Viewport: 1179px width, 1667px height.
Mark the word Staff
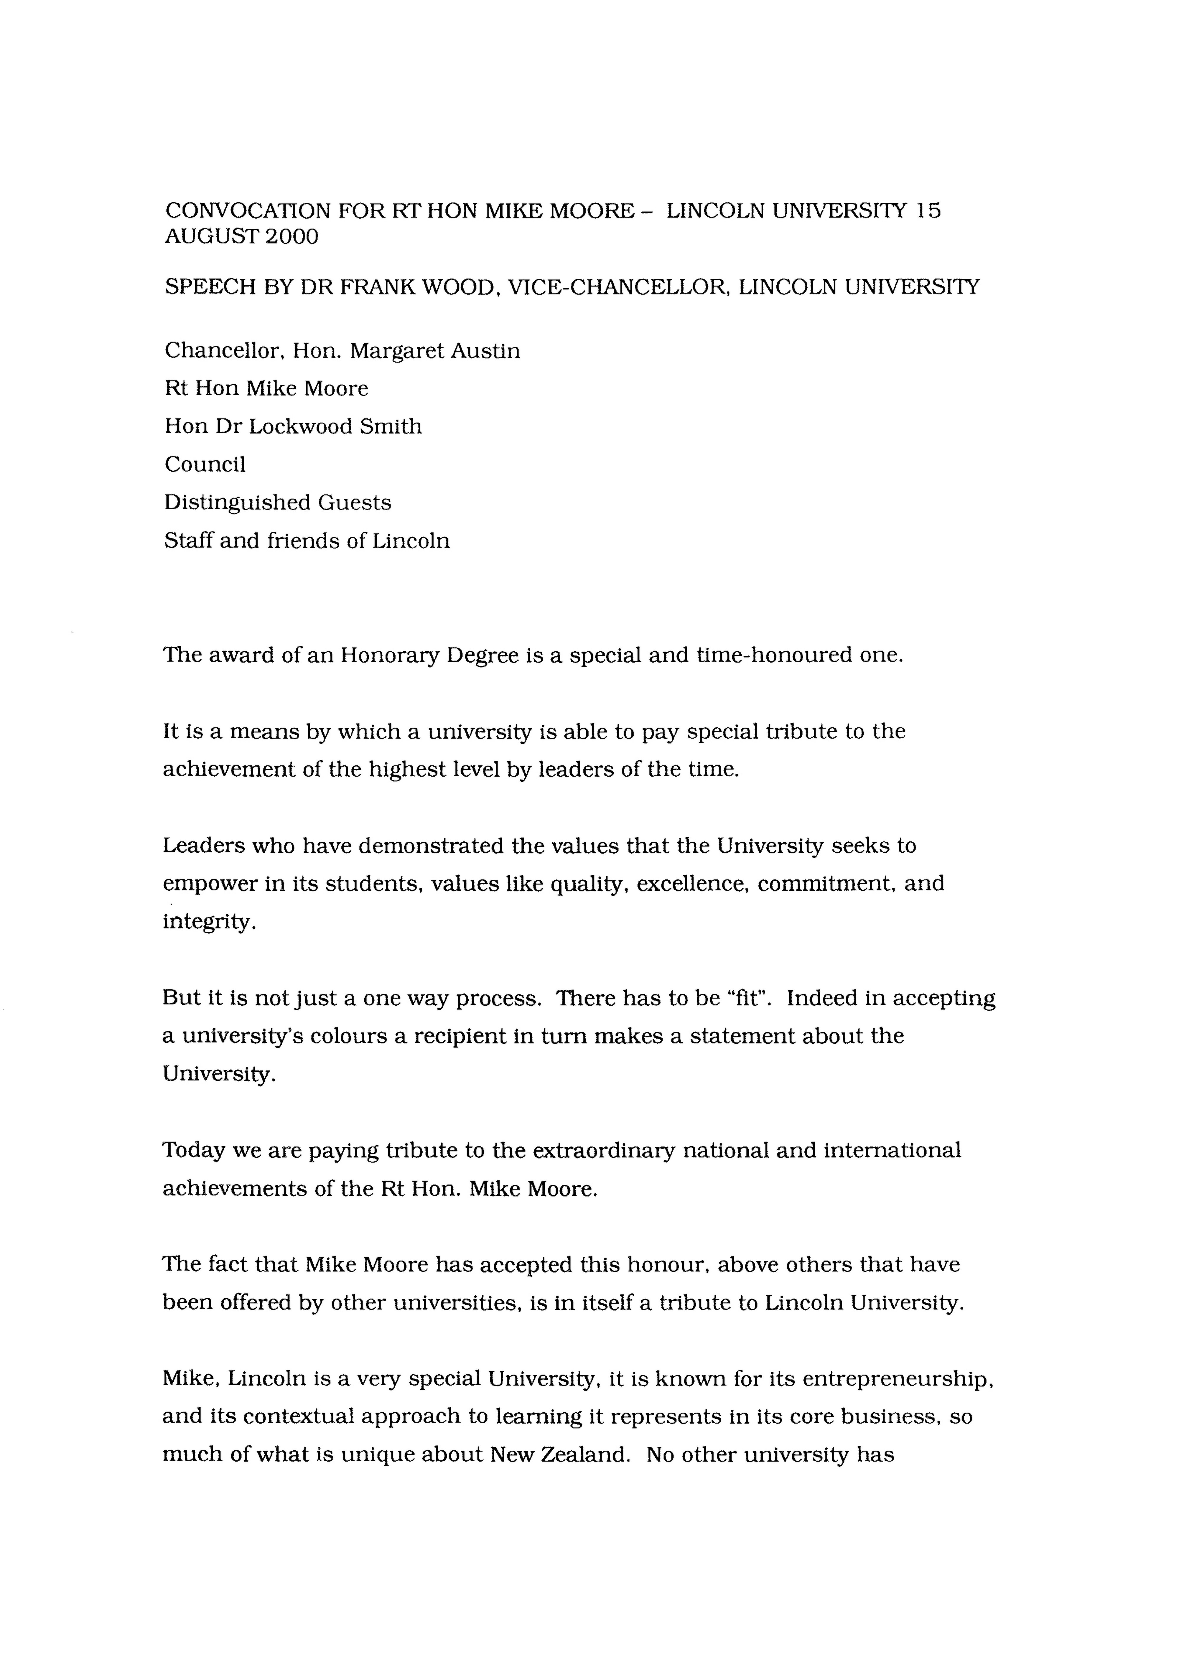(187, 541)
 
